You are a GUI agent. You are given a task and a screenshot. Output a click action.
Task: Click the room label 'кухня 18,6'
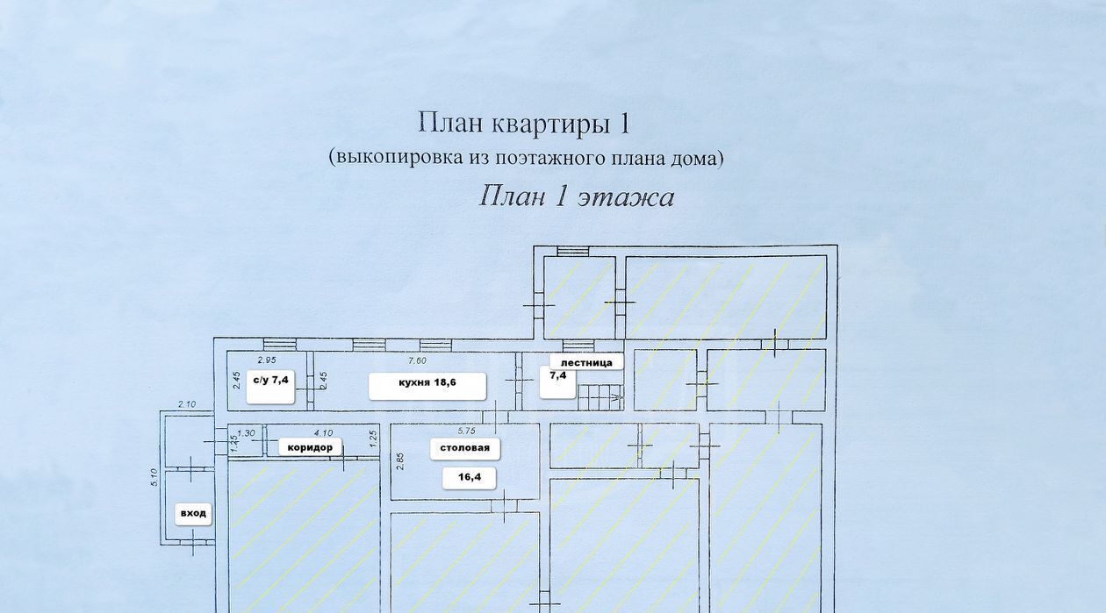point(427,382)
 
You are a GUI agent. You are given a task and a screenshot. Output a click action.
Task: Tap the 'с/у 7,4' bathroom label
point(269,381)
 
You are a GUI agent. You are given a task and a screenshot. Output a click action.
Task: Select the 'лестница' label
point(586,361)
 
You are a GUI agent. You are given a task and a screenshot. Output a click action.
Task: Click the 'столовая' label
point(465,448)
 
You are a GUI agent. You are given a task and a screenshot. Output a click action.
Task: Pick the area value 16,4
point(469,478)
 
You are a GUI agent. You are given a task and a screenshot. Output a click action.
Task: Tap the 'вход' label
point(193,513)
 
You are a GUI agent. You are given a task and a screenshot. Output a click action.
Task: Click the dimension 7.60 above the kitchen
point(418,360)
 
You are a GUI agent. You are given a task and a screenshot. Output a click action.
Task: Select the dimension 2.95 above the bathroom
point(266,360)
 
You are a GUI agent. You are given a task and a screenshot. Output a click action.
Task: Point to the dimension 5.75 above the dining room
point(467,431)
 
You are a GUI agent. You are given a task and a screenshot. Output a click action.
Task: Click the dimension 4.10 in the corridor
point(323,431)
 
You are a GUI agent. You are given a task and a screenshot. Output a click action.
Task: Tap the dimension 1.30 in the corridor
point(247,431)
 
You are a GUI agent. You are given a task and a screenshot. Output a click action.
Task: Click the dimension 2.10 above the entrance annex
point(186,404)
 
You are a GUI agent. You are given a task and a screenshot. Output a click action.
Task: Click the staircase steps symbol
point(600,397)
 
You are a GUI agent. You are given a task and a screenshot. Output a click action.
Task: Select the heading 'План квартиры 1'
point(524,123)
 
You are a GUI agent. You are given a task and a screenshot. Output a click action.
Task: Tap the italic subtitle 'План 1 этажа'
point(577,196)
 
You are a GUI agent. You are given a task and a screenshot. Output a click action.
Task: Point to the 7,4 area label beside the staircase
point(558,376)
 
